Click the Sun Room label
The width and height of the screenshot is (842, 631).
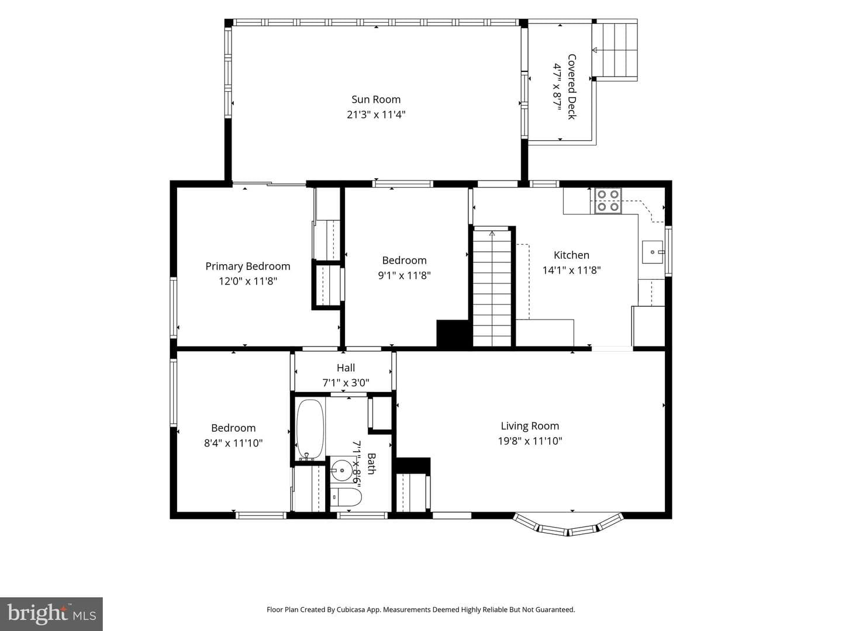tap(376, 99)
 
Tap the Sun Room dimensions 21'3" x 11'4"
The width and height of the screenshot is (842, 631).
tap(376, 115)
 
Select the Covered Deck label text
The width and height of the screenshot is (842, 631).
tap(571, 86)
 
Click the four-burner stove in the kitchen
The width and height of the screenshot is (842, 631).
tap(608, 200)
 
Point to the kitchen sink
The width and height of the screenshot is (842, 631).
tap(653, 252)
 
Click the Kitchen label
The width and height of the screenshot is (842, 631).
tap(571, 255)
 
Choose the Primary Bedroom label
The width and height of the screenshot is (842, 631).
tap(248, 266)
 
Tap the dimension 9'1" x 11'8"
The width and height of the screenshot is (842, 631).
tap(404, 275)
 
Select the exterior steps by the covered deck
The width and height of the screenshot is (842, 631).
tap(615, 50)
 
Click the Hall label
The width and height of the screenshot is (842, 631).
tap(346, 368)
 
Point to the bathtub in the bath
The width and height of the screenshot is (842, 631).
tap(310, 429)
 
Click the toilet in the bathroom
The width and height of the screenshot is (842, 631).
tap(346, 498)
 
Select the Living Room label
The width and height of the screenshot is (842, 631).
tap(530, 426)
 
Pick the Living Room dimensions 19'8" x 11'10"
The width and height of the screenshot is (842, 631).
tap(530, 441)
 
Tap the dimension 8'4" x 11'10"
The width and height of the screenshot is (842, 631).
tap(233, 443)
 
